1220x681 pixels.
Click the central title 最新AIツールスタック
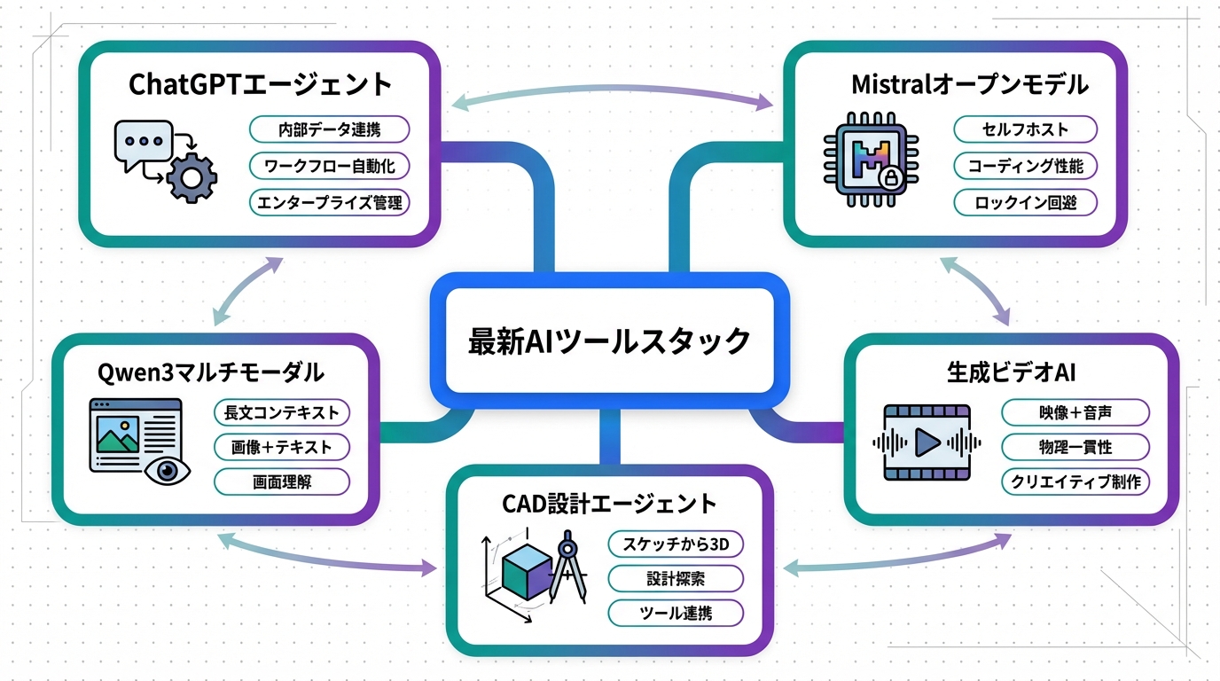click(x=609, y=340)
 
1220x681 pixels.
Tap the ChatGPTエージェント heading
click(x=260, y=84)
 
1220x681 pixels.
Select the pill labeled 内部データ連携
click(x=329, y=129)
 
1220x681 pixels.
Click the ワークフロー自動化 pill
click(x=329, y=166)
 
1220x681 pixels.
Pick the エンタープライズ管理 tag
click(x=329, y=203)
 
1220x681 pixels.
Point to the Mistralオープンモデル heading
click(x=969, y=84)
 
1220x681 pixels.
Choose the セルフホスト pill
click(x=1025, y=129)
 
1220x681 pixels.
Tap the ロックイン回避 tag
click(x=1025, y=202)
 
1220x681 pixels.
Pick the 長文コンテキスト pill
click(x=282, y=412)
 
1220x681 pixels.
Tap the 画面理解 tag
click(x=282, y=482)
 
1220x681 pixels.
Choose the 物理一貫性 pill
click(x=1075, y=447)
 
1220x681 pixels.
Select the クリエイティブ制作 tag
click(x=1075, y=481)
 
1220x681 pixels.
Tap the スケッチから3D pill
click(x=675, y=544)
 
